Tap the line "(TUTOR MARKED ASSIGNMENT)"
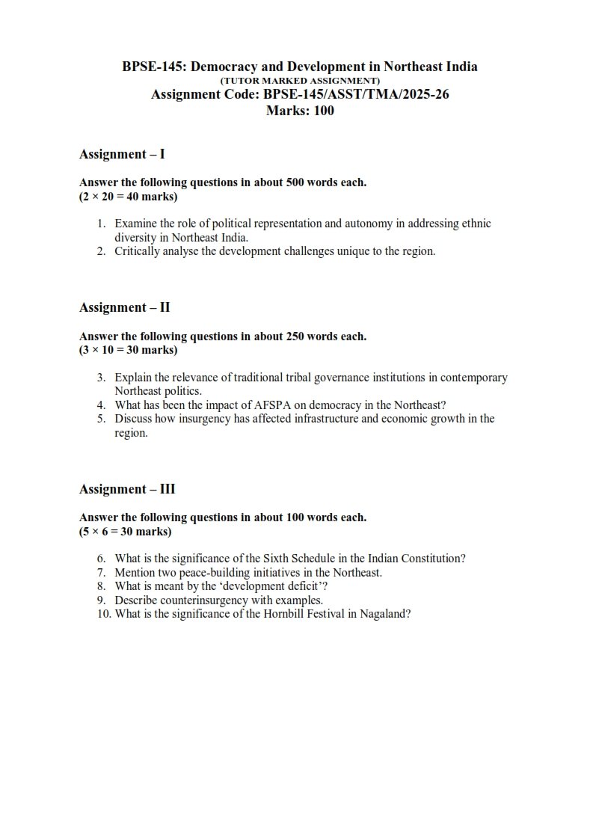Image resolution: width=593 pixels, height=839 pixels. click(300, 80)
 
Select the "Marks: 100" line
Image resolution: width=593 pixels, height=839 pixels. click(300, 111)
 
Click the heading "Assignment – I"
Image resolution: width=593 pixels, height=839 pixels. click(122, 154)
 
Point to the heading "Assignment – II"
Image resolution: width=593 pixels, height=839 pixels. click(125, 307)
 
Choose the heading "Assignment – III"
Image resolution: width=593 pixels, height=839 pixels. click(127, 489)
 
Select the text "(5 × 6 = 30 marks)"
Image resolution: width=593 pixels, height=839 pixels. click(125, 532)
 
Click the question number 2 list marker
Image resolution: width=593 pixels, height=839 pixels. click(101, 251)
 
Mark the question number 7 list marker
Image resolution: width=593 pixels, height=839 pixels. click(101, 572)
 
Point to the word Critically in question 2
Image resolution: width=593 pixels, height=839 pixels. click(137, 251)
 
